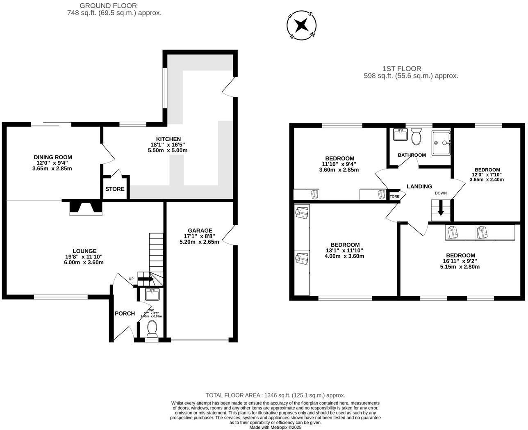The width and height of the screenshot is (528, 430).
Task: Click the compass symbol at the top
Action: coord(302,25)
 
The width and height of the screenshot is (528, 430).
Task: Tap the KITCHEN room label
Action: coord(168,139)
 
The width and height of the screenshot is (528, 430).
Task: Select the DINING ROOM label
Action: coord(52,157)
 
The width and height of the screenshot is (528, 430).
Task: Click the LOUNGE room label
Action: coord(84,251)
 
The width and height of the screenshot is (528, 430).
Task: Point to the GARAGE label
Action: coord(200,231)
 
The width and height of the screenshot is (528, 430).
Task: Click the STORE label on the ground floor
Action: coord(115,189)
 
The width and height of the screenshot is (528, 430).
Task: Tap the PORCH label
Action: coord(125,313)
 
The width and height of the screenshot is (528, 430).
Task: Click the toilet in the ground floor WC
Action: coord(152,329)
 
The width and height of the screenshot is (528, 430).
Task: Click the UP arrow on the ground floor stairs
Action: coord(145,279)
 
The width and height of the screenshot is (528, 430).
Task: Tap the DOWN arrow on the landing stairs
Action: coord(441,210)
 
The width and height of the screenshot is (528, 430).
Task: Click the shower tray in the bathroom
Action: coord(441,143)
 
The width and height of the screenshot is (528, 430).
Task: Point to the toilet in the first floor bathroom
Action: coord(416,137)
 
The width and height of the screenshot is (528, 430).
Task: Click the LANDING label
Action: coord(419,186)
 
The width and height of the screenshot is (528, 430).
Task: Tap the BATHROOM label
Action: coord(412,155)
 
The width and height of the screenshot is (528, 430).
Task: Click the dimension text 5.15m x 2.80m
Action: coord(460,267)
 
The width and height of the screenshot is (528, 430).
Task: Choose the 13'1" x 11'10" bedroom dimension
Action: coord(344,250)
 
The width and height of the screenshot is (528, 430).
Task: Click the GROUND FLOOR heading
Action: coord(108,6)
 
